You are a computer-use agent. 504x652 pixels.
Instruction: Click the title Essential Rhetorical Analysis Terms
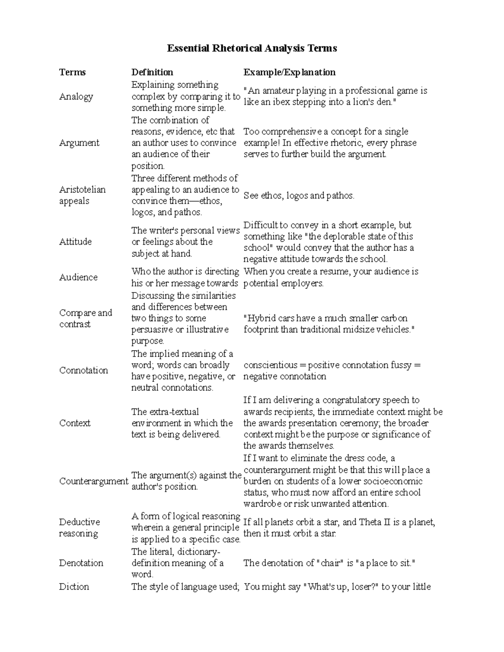pos(252,48)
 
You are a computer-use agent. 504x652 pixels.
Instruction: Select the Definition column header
pos(152,72)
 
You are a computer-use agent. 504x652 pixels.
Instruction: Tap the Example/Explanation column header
pos(289,72)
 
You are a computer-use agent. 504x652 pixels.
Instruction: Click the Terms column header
pos(72,72)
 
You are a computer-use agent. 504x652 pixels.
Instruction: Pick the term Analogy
pos(76,97)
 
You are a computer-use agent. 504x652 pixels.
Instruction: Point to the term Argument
pos(79,143)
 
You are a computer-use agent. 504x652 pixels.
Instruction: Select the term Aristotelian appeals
pos(82,195)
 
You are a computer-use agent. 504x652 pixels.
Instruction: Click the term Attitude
pos(75,242)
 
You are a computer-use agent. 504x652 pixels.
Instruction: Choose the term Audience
pos(78,277)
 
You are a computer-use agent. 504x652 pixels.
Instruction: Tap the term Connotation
pos(84,370)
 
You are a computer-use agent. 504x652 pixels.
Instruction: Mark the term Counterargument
pos(94,481)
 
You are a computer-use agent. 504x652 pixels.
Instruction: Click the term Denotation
pos(81,563)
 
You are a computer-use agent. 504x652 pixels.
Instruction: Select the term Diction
pos(74,587)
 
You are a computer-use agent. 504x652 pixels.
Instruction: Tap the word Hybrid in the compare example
pos(259,318)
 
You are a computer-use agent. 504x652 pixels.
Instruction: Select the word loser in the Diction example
pos(364,587)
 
